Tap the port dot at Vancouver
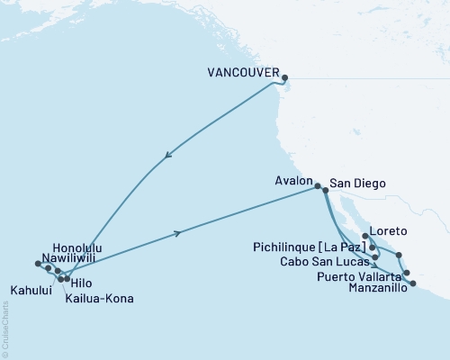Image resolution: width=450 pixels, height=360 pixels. click(x=285, y=77)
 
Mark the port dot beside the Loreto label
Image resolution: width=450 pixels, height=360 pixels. click(x=364, y=237)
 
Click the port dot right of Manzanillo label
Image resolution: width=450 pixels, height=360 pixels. click(x=413, y=283)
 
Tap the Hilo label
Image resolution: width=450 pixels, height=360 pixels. click(x=84, y=282)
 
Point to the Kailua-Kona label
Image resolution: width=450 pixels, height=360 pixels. click(x=94, y=296)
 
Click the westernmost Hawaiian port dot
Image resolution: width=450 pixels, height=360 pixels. click(x=38, y=264)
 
